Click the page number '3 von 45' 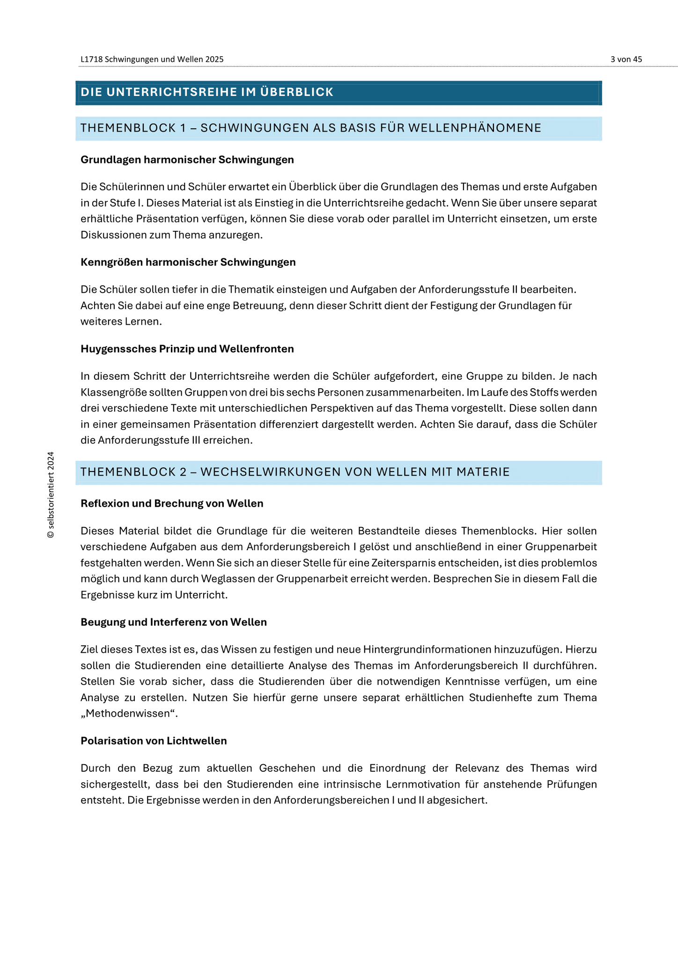pyautogui.click(x=626, y=59)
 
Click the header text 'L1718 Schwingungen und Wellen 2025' pyautogui.click(x=152, y=59)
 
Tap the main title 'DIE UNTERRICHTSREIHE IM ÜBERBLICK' pyautogui.click(x=207, y=92)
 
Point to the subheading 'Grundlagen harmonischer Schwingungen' pyautogui.click(x=187, y=160)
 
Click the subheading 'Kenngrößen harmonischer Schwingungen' pyautogui.click(x=188, y=262)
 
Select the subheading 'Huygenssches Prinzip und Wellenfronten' pyautogui.click(x=187, y=349)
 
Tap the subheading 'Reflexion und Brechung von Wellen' pyautogui.click(x=172, y=503)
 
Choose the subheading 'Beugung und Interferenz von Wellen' pyautogui.click(x=174, y=622)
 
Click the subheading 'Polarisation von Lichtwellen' pyautogui.click(x=154, y=741)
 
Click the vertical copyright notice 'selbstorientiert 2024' pyautogui.click(x=51, y=495)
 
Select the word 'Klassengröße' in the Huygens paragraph pyautogui.click(x=111, y=392)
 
